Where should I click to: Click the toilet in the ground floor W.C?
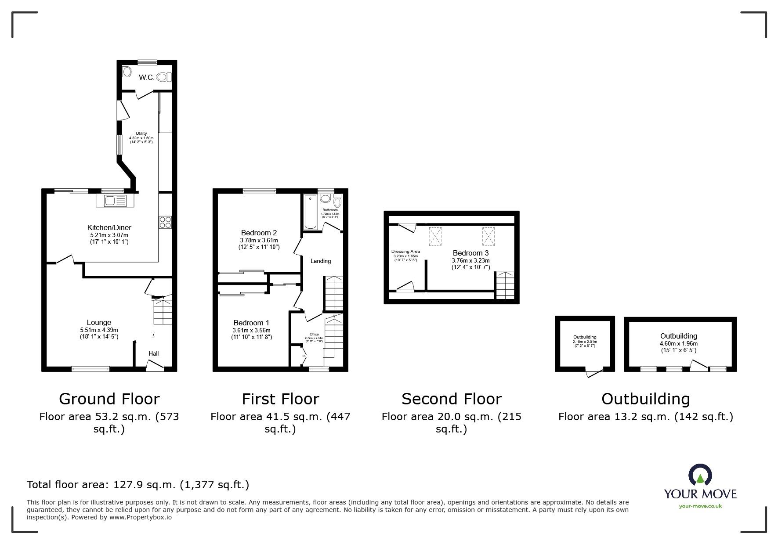coord(163,77)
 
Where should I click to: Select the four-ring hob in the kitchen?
coord(165,222)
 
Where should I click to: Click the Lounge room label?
coord(99,322)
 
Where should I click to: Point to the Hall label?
coord(154,353)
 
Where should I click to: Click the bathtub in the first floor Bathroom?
coord(310,213)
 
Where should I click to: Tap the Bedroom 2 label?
coord(259,233)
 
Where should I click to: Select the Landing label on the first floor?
coord(321,261)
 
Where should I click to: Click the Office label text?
coord(314,334)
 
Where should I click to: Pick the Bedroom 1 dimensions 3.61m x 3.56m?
coord(252,330)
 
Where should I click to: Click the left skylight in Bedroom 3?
coord(435,237)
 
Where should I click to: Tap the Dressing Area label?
coord(405,252)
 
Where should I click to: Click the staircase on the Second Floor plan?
coord(505,285)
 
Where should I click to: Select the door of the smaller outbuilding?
coord(594,373)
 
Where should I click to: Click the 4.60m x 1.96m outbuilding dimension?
coord(679,343)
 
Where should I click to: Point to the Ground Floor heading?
coord(109,399)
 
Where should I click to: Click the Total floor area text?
coord(138,485)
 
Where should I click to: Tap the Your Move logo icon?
coord(700,475)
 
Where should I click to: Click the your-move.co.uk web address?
coord(700,506)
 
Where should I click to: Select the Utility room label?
coord(141,133)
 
